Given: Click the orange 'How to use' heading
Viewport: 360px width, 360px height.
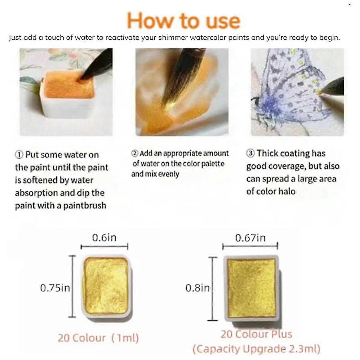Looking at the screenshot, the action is click(184, 21).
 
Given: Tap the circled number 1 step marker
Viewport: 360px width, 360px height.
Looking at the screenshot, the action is click(19, 155).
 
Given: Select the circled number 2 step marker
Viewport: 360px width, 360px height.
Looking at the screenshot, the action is click(135, 154).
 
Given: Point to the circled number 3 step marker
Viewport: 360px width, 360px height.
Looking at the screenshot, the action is click(250, 153).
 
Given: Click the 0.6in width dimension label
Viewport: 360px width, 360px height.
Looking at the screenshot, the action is click(104, 238).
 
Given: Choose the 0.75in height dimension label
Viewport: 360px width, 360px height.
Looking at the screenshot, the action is click(55, 288).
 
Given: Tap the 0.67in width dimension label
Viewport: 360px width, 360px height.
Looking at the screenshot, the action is click(250, 238).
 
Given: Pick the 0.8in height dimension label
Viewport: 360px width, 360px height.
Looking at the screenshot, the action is click(197, 288).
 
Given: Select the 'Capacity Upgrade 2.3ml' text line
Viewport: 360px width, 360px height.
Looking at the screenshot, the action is click(256, 349).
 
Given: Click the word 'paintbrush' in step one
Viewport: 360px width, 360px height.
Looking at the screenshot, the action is click(85, 205).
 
